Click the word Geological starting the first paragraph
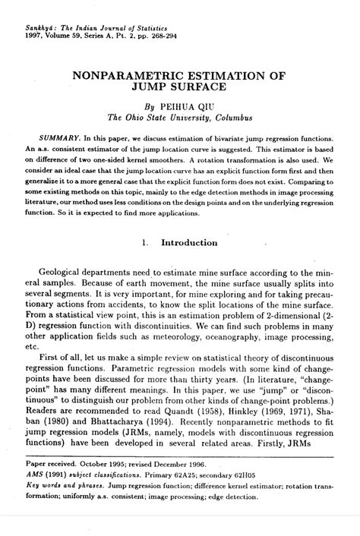tap(67, 279)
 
